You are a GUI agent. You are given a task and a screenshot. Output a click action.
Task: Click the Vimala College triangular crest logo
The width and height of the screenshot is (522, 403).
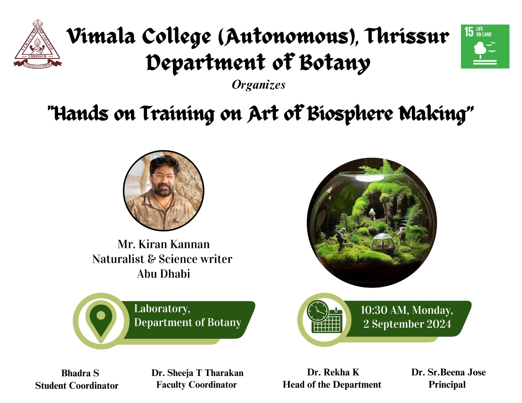pos(38,44)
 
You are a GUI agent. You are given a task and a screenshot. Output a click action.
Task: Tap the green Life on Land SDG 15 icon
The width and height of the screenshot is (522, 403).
pos(485,46)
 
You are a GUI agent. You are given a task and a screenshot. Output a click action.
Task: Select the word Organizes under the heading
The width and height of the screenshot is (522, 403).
pos(258,85)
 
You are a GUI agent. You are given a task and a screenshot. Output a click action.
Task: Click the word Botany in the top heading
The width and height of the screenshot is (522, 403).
pos(335,63)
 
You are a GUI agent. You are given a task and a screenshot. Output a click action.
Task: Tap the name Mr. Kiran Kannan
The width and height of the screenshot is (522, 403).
pos(163,244)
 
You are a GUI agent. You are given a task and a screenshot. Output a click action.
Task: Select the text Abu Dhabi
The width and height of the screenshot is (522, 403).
pos(163,274)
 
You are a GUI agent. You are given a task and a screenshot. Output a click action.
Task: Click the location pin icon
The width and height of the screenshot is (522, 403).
pos(101,321)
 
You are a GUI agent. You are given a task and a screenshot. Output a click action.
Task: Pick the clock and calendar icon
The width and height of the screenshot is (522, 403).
pos(325,317)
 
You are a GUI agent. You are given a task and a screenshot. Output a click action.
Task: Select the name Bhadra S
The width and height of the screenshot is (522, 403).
pos(80,373)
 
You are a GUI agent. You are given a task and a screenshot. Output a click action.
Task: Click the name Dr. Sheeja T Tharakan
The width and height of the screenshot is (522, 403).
pos(197,373)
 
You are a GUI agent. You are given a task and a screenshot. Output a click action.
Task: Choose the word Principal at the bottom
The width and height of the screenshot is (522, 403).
pos(447,385)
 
